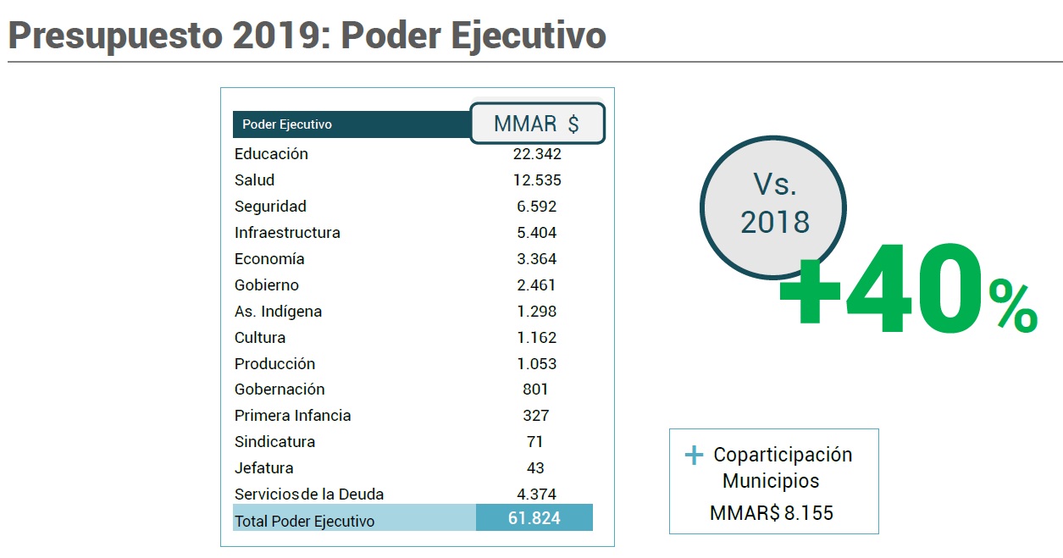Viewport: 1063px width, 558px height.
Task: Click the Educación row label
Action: pos(271,154)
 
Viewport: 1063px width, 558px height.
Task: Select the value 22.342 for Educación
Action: pos(536,154)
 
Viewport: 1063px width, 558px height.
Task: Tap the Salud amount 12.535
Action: pos(536,180)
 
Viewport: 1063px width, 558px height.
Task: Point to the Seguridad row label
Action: pos(270,207)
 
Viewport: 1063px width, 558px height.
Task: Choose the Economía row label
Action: pos(269,259)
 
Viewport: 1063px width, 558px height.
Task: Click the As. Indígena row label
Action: pos(278,312)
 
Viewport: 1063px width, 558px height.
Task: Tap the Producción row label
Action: pos(274,364)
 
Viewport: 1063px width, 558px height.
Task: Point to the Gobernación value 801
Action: pos(535,389)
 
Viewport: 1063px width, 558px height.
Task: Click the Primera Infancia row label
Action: pos(292,416)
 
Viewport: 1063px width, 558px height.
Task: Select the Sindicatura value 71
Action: pos(534,442)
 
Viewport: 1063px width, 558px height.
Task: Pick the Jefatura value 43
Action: pos(534,468)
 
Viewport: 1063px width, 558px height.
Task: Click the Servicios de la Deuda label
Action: pos(309,494)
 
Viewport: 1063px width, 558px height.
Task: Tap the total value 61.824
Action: pos(534,518)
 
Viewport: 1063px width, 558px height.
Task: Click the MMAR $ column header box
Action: pos(537,124)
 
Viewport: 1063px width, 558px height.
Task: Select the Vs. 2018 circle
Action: pos(774,203)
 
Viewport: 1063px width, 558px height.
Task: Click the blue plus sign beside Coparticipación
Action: pos(694,456)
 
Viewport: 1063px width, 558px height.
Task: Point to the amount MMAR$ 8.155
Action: pos(771,513)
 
